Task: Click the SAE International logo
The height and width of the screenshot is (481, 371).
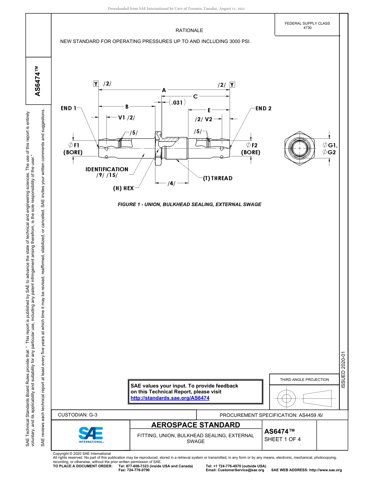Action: click(x=91, y=434)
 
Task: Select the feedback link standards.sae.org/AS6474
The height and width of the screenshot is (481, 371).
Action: click(x=170, y=398)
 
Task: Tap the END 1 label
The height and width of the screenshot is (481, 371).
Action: click(x=69, y=108)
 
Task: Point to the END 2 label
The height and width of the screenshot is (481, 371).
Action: click(x=264, y=108)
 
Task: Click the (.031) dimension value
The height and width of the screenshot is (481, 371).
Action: click(x=177, y=102)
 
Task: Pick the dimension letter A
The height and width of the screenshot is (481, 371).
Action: click(x=164, y=90)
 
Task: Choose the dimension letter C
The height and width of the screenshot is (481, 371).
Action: click(x=195, y=96)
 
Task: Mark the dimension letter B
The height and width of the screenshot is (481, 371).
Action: click(x=127, y=106)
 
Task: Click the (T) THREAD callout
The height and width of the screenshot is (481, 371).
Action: click(x=218, y=178)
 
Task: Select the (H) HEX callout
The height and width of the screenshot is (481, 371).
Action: click(x=123, y=188)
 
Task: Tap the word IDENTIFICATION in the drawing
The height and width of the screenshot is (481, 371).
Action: click(x=107, y=169)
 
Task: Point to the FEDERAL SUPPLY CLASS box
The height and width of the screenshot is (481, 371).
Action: click(x=307, y=25)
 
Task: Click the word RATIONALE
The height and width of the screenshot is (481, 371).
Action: click(x=189, y=31)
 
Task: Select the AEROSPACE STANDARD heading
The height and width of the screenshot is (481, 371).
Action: click(x=196, y=425)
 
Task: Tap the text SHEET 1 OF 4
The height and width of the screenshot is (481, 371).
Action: click(x=282, y=439)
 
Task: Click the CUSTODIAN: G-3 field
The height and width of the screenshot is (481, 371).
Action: click(x=78, y=415)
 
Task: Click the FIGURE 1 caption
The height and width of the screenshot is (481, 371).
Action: click(x=189, y=205)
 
